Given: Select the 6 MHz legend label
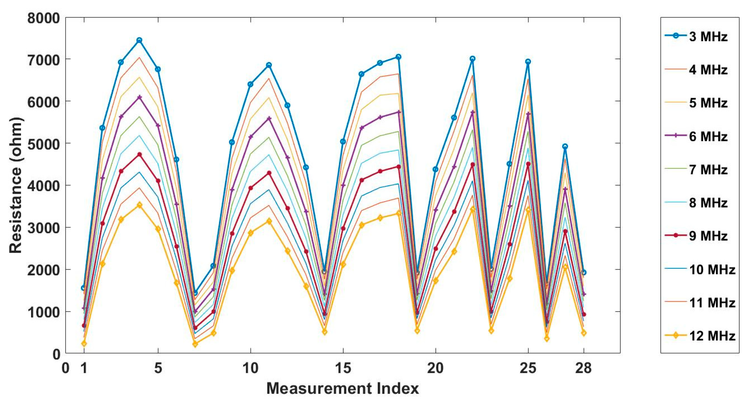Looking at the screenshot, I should click(x=708, y=136).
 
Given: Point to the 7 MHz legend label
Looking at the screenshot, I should click(x=708, y=170).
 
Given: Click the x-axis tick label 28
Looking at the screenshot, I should click(x=583, y=368).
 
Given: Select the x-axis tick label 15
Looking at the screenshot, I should click(x=343, y=368).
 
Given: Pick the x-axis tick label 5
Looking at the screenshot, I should click(x=158, y=368).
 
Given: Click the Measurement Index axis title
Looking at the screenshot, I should click(x=343, y=389).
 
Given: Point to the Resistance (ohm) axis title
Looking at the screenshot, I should click(x=16, y=185).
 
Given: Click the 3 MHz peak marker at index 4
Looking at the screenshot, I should click(x=140, y=40).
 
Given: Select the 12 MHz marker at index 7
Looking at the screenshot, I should click(x=195, y=344).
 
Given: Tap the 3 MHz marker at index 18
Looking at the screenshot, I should click(x=398, y=57).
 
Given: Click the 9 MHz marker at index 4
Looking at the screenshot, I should click(x=140, y=155).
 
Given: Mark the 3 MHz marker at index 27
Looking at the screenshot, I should click(x=565, y=146).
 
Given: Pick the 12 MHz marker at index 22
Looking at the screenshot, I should click(x=473, y=209).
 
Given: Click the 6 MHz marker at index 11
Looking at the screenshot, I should click(x=269, y=118).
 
